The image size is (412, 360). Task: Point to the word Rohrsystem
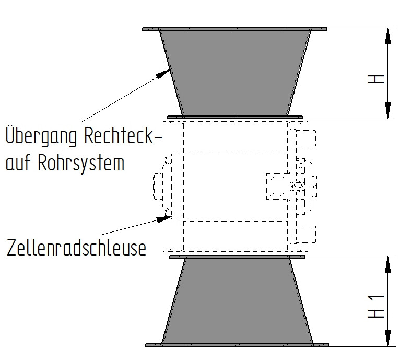tap(81, 163)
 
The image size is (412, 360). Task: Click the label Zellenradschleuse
tap(76, 248)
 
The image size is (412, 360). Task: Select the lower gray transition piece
tap(237, 303)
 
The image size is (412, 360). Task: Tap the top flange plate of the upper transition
tap(235, 29)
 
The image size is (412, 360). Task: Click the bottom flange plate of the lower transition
tap(237, 345)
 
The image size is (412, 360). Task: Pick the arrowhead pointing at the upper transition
tap(166, 73)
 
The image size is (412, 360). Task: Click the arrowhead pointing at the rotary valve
tap(162, 219)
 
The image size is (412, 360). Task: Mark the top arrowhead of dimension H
tap(388, 37)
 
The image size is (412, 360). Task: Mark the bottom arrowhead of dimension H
tap(388, 110)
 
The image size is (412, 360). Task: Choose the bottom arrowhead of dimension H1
tap(388, 336)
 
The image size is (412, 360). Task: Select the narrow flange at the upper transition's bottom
tap(235, 117)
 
